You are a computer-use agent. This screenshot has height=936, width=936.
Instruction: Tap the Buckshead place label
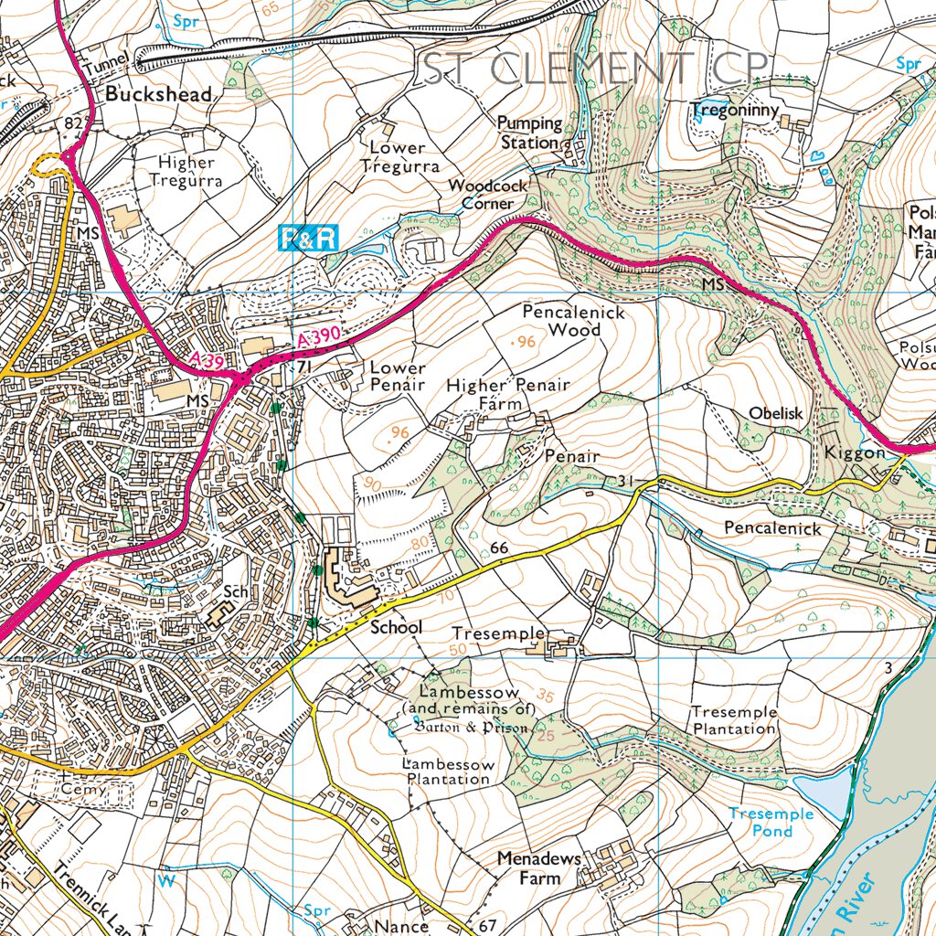pos(158,94)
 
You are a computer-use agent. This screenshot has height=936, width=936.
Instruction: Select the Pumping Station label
pos(529,133)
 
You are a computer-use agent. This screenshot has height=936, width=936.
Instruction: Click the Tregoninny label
pos(735,111)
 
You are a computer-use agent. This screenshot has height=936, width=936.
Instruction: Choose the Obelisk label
pos(775,413)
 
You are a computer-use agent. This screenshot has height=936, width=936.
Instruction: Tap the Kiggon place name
pos(856,452)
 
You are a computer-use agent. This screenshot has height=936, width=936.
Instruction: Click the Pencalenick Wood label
pos(574,321)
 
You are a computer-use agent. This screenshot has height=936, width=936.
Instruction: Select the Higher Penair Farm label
pos(508,394)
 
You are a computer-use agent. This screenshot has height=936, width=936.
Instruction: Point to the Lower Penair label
pos(398,376)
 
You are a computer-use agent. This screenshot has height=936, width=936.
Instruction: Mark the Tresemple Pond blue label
pos(771,822)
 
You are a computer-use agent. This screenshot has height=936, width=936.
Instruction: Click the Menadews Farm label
pos(528,868)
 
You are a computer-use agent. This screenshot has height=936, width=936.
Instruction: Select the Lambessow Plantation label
pos(449,771)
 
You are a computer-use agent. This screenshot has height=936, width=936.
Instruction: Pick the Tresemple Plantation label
pos(734,720)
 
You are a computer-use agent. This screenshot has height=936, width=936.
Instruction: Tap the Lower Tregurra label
pos(399,156)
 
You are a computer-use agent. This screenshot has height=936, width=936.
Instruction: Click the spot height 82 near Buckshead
pos(73,122)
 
